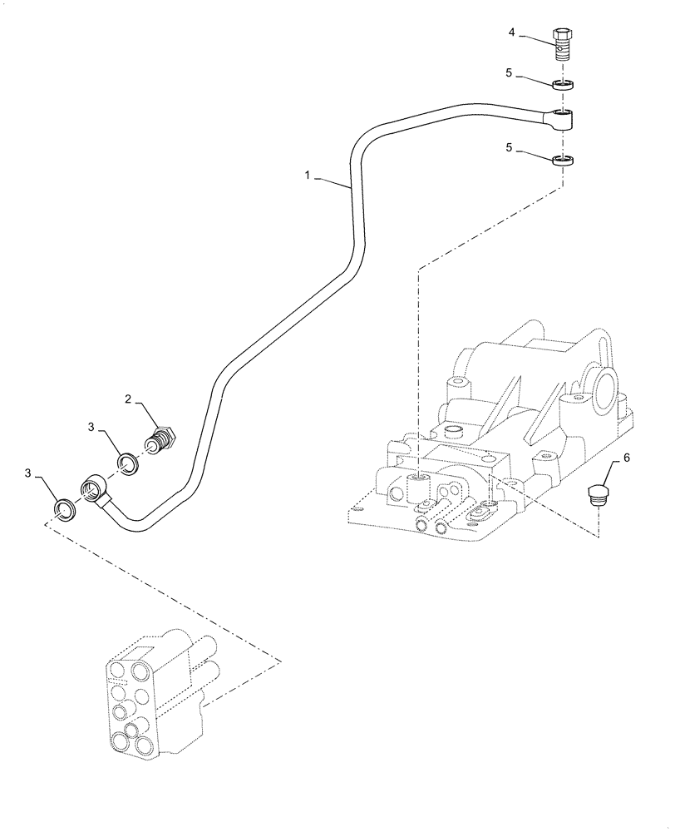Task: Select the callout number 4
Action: coord(513,32)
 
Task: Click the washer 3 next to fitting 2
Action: coord(127,462)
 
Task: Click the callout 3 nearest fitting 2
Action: coord(91,426)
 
